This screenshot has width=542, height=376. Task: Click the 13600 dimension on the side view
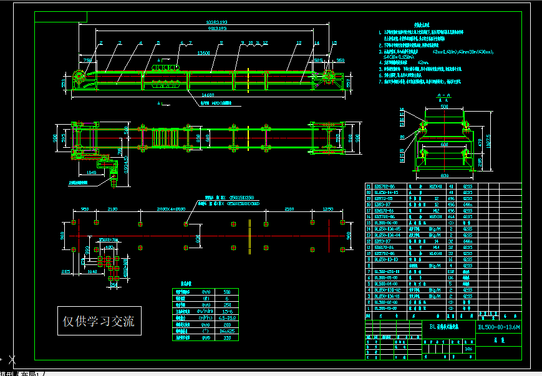click(203, 54)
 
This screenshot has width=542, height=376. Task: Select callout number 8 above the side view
click(221, 43)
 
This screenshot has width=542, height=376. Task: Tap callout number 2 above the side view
click(100, 43)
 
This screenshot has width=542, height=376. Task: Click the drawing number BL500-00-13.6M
click(498, 327)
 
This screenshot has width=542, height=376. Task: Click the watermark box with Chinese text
click(99, 322)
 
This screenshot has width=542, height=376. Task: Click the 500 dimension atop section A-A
click(444, 107)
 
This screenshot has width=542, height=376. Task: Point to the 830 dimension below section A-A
click(444, 176)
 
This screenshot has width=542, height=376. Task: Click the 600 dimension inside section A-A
click(444, 144)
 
